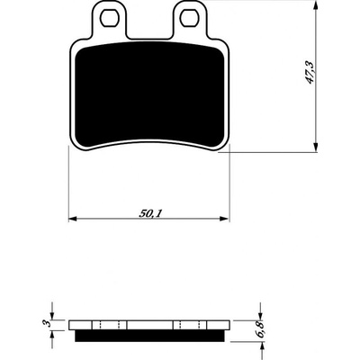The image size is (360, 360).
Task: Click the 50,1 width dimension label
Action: coord(150,213)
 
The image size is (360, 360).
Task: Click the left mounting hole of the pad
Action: coord(108,17)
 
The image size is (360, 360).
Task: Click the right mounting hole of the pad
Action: coord(189,17)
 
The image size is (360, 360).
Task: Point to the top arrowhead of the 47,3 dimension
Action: coord(315,5)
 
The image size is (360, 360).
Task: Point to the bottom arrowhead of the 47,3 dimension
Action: coord(315,147)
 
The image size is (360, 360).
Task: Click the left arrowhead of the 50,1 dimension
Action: coord(74,219)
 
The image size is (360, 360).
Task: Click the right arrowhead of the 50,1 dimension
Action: coord(224,219)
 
